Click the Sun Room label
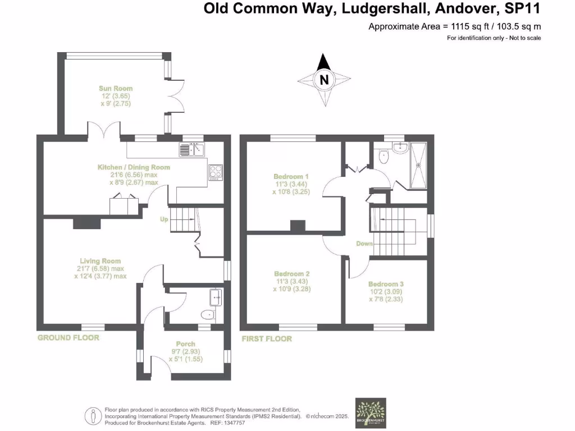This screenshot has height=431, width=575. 116,89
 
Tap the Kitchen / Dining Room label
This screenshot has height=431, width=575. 134,167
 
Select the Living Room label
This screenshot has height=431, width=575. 100,261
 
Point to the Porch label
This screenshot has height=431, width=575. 186,344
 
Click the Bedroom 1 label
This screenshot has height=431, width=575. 291,176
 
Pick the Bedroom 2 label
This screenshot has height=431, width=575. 291,274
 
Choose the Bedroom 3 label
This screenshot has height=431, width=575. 385,285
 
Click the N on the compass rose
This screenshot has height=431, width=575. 323,80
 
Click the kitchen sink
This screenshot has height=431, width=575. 193,149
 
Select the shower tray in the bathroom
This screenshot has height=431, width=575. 419,165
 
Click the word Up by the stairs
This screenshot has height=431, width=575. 164,219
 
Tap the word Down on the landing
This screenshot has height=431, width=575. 365,244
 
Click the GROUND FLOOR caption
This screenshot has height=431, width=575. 68,338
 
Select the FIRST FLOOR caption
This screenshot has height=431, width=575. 267,339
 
